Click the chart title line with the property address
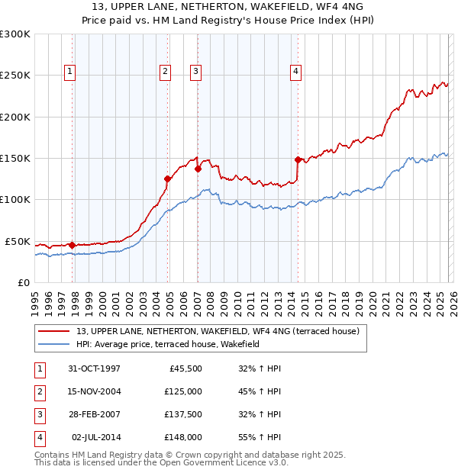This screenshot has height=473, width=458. pos(229,7)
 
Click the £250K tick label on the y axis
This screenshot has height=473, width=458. pos(15,76)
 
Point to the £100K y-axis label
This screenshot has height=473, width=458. pos(15,199)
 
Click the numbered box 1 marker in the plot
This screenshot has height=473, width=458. pos(69,72)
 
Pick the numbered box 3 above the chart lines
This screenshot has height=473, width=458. pos(195,72)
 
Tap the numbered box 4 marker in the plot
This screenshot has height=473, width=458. pos(295,72)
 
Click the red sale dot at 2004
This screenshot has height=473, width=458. pos(168,179)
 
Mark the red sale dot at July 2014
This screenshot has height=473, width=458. pos(298,159)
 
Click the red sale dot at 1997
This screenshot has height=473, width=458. pos(73,245)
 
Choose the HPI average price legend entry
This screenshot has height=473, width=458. pos(168,344)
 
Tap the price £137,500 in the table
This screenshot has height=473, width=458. pos(183,414)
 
